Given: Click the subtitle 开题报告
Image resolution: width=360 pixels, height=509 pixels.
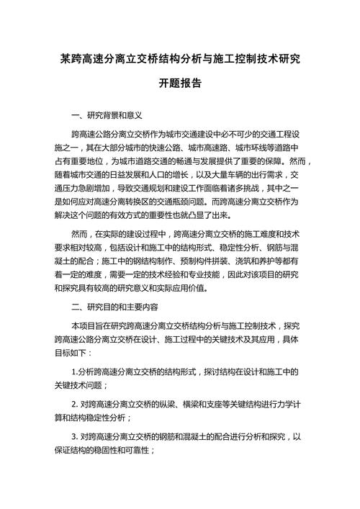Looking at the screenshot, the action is pyautogui.click(x=180, y=83).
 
